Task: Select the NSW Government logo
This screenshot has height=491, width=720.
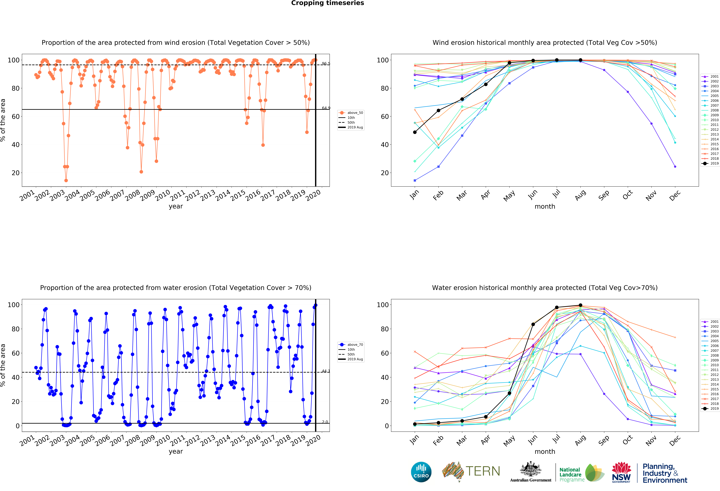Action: [x=621, y=473]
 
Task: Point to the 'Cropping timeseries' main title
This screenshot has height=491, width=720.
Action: [x=327, y=3]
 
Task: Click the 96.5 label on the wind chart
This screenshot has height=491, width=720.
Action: [x=326, y=64]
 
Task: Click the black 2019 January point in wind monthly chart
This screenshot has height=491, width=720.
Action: [x=415, y=132]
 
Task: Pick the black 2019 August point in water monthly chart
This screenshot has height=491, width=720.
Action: [x=580, y=305]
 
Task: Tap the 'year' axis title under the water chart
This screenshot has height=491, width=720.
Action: [x=176, y=451]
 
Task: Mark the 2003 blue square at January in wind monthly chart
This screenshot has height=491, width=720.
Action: [x=415, y=180]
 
